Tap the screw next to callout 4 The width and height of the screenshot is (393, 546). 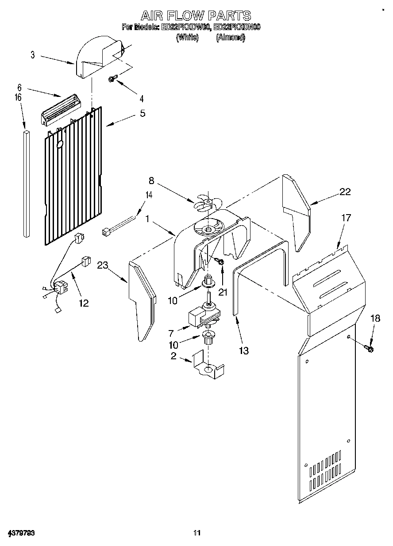(x=112, y=79)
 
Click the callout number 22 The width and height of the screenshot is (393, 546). (x=345, y=192)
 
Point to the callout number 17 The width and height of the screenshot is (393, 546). (x=346, y=218)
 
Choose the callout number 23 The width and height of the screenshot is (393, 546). (x=103, y=265)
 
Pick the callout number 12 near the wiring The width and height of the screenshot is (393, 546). (x=83, y=303)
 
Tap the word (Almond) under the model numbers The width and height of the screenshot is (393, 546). (x=230, y=38)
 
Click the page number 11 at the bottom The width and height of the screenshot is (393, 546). (x=197, y=533)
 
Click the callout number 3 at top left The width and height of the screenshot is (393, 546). (x=33, y=55)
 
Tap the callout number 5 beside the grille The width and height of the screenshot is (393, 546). (x=142, y=113)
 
